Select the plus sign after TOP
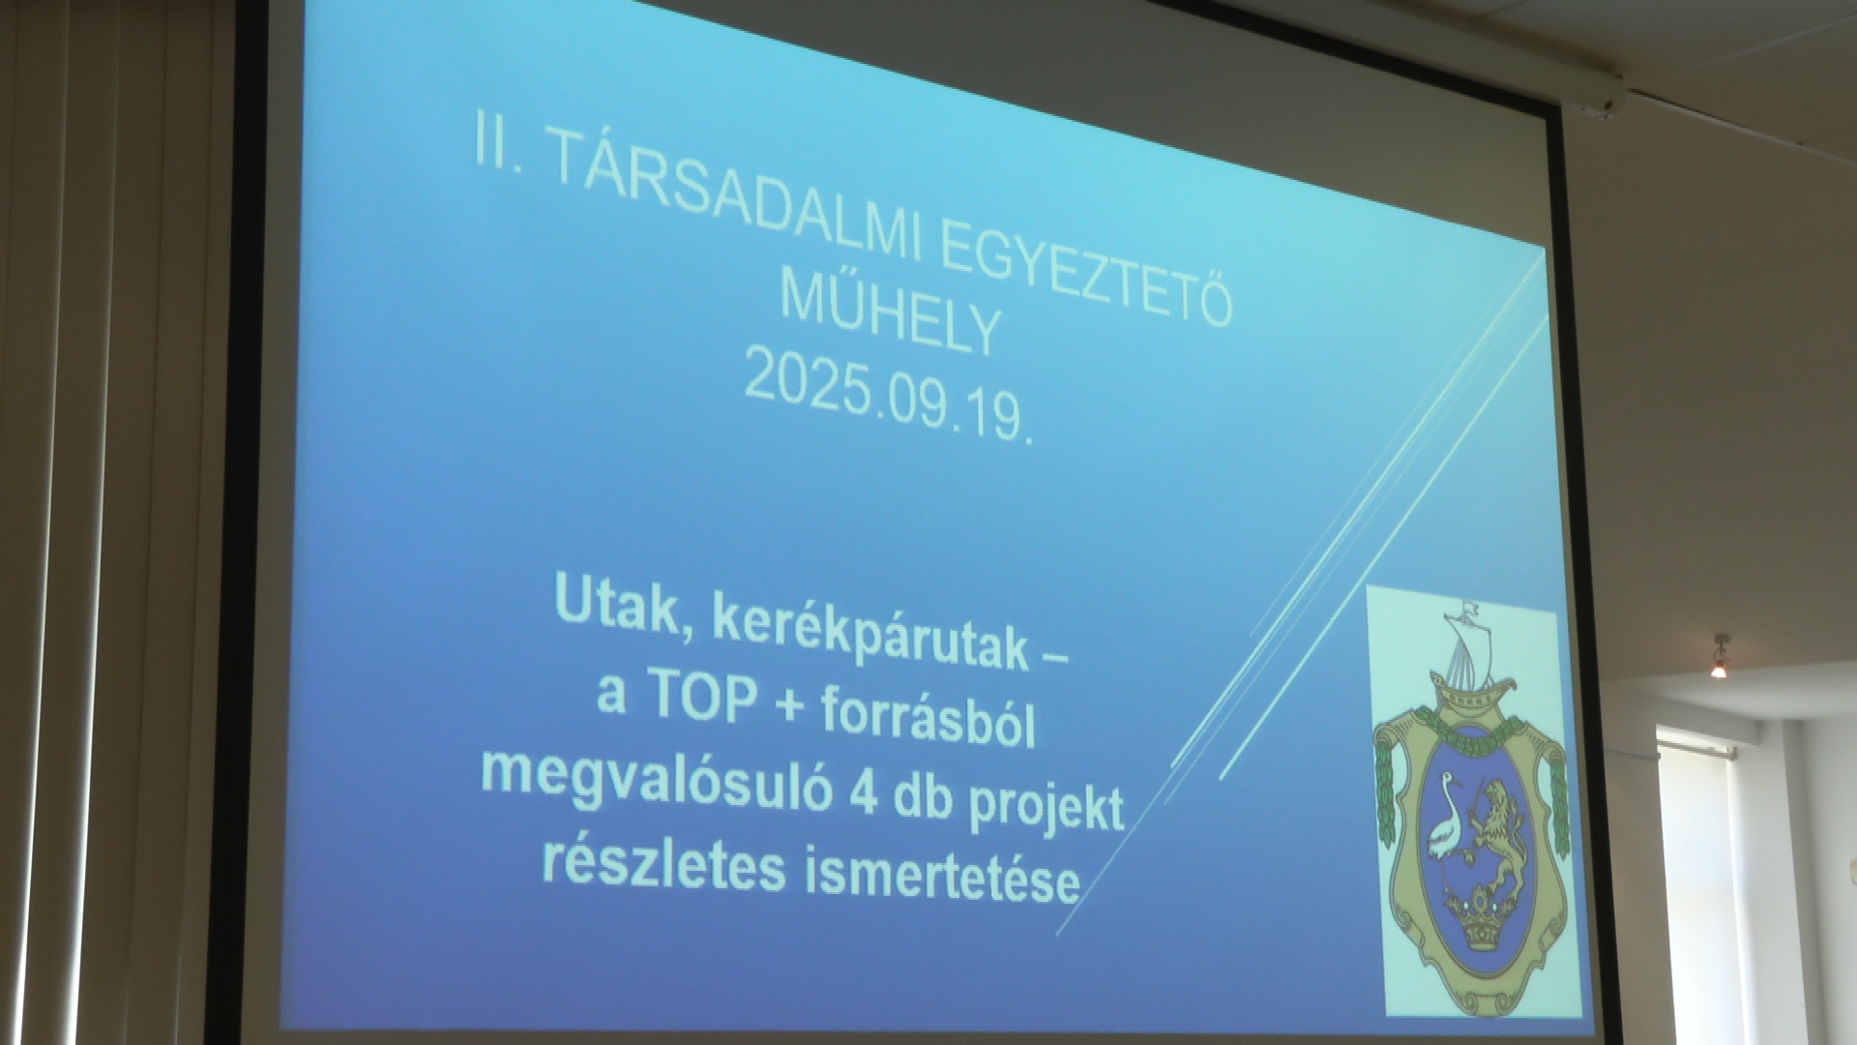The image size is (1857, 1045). click(786, 710)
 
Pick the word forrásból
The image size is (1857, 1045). click(929, 720)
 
